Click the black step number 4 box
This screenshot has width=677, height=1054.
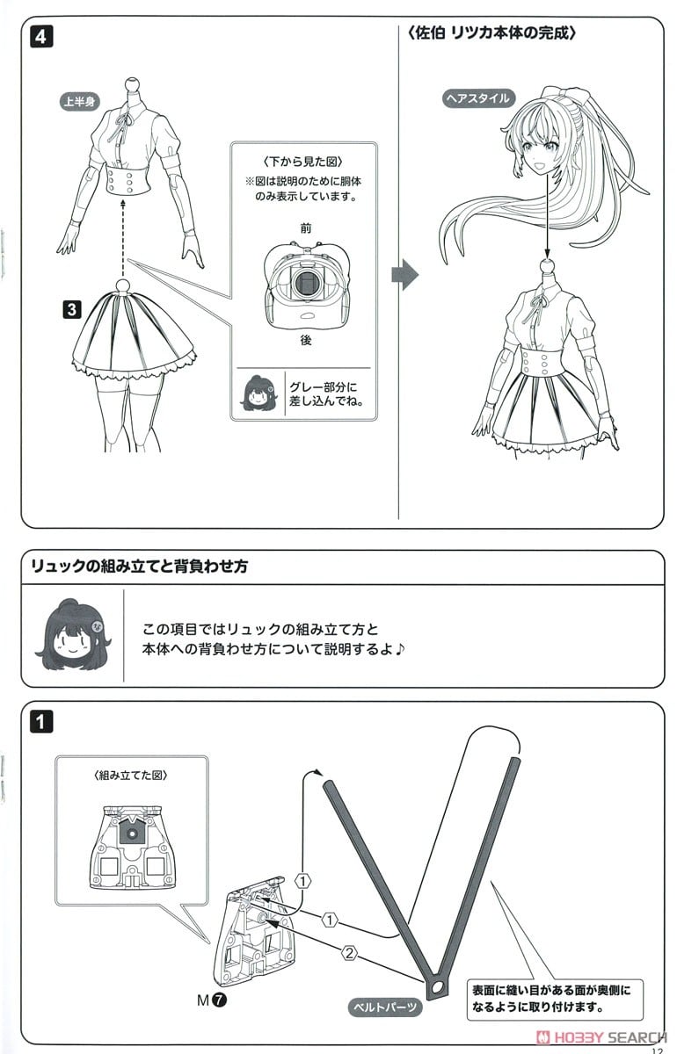click(x=40, y=38)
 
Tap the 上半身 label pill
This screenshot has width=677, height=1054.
click(x=79, y=102)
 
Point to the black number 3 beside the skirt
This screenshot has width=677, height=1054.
click(x=72, y=308)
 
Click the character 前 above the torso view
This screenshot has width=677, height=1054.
click(x=305, y=227)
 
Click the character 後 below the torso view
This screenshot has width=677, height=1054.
click(x=305, y=340)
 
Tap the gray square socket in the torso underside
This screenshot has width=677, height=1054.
click(x=306, y=283)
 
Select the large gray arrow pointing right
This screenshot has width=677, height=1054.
click(x=404, y=275)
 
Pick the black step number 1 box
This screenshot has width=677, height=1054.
click(x=40, y=722)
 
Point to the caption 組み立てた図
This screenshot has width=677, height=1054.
click(x=129, y=776)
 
